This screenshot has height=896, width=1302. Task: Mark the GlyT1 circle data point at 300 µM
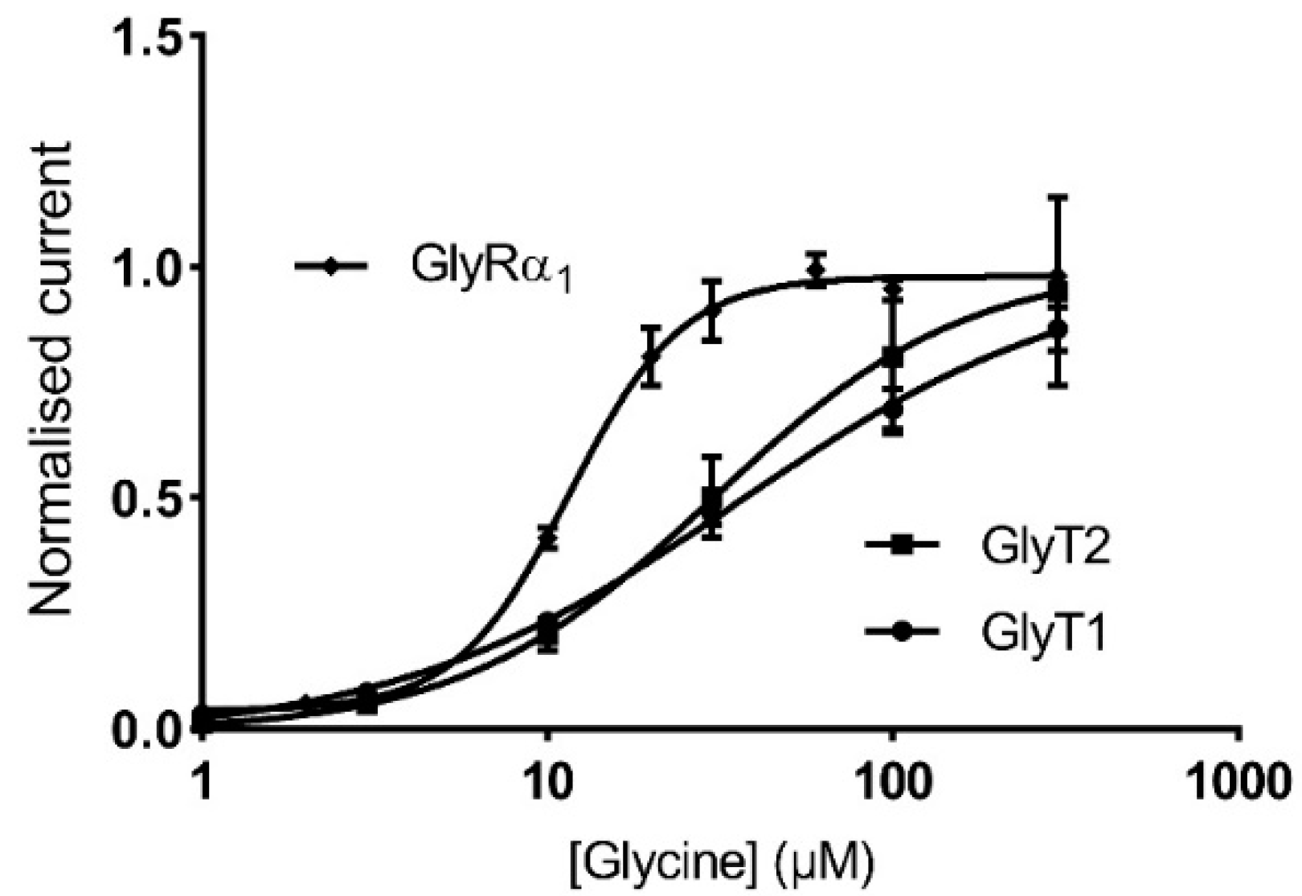[x=1059, y=329]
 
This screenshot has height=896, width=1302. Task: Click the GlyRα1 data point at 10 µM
[x=548, y=538]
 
